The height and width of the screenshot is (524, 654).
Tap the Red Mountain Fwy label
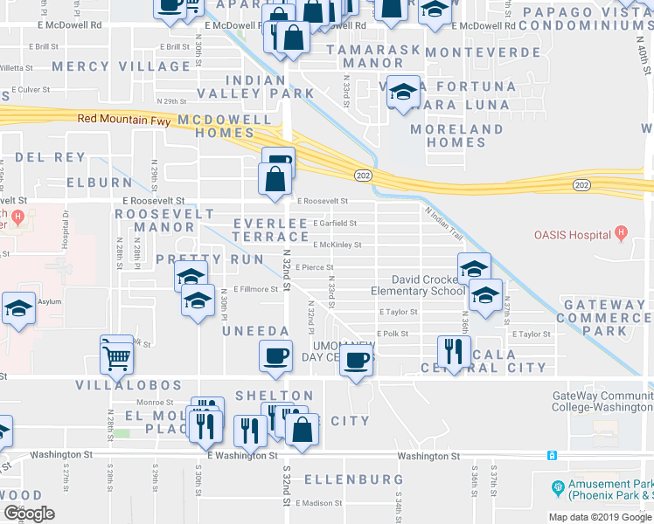[x=126, y=118]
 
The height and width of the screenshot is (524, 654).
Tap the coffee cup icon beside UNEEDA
[x=276, y=355]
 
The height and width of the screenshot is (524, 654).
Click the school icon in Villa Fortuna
[x=402, y=92]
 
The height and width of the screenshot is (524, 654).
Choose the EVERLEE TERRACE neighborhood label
[x=271, y=231]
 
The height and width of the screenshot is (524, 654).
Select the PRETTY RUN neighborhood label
[x=198, y=259]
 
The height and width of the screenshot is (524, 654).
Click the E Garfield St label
[x=335, y=224]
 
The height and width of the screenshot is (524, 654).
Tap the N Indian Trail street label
[x=442, y=221]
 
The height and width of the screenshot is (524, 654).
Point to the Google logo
[x=28, y=514]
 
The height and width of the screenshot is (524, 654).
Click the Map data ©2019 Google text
[x=600, y=516]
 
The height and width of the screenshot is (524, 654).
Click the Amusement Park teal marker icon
[x=557, y=486]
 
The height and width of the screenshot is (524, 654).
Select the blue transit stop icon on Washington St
[x=552, y=455]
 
